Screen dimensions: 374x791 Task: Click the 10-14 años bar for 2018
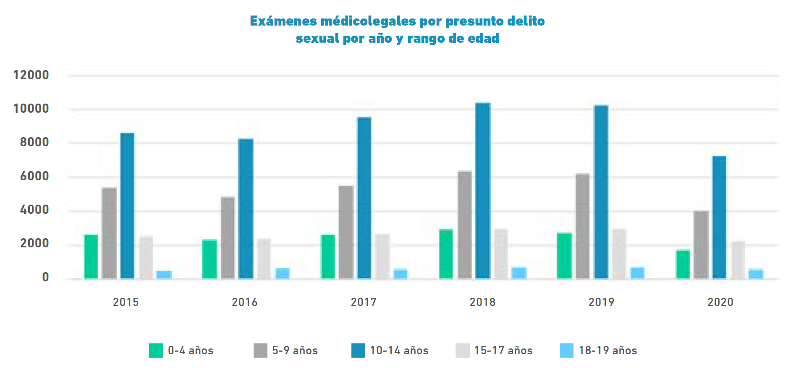pyautogui.click(x=482, y=191)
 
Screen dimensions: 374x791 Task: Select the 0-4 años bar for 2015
pyautogui.click(x=91, y=256)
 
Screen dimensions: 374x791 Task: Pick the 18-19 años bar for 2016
pyautogui.click(x=283, y=273)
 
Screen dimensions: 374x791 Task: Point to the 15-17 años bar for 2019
pyautogui.click(x=619, y=254)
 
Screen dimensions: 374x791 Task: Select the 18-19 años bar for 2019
pyautogui.click(x=637, y=273)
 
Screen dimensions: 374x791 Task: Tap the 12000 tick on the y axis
pyautogui.click(x=31, y=75)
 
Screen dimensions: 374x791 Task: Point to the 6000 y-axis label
pyautogui.click(x=34, y=176)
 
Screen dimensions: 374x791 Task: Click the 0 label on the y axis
pyautogui.click(x=45, y=277)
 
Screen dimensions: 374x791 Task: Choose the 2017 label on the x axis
pyautogui.click(x=364, y=302)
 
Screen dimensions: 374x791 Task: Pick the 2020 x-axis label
pyautogui.click(x=720, y=302)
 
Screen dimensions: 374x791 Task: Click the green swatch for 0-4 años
pyautogui.click(x=156, y=351)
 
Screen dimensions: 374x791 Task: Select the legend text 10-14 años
pyautogui.click(x=399, y=351)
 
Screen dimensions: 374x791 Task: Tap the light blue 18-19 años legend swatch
pyautogui.click(x=566, y=351)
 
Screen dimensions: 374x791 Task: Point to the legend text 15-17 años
pyautogui.click(x=503, y=351)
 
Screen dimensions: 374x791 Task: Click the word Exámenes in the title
pyautogui.click(x=283, y=21)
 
